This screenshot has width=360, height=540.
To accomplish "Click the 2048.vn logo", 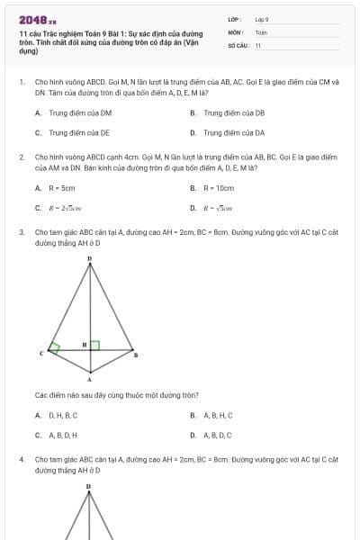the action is (x=37, y=19).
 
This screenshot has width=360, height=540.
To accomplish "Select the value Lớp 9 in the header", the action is (x=262, y=19).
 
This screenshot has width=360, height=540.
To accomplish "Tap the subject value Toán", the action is (x=261, y=31).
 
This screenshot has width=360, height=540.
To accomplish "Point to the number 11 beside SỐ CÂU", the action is (x=258, y=44).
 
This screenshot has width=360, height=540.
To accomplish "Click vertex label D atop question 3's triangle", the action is (x=89, y=258).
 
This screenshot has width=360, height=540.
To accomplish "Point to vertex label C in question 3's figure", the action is (x=41, y=355).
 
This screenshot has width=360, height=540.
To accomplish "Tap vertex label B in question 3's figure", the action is (x=136, y=355).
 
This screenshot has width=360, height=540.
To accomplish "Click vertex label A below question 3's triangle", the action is (x=89, y=379).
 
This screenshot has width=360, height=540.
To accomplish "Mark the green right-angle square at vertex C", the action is (x=55, y=346).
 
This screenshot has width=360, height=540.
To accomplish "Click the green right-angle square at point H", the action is (x=94, y=345).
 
